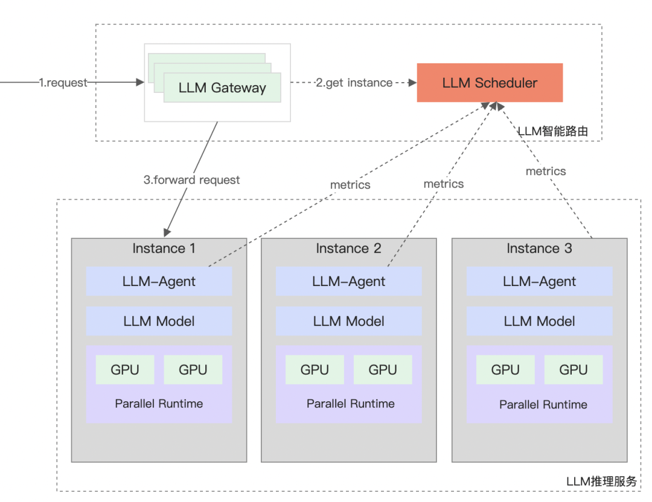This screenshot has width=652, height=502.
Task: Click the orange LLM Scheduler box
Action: (490, 83)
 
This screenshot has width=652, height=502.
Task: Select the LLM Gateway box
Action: (222, 87)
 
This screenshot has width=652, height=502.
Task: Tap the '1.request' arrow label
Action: (63, 83)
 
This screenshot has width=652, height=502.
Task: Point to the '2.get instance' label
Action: (354, 83)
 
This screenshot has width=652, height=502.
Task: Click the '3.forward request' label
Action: (191, 180)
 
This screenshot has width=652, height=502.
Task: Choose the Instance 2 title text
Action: (348, 249)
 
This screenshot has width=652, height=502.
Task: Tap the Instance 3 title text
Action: (539, 249)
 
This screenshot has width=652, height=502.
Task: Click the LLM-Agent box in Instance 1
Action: (159, 281)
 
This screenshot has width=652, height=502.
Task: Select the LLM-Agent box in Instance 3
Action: (539, 281)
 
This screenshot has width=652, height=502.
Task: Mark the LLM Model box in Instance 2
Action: (348, 321)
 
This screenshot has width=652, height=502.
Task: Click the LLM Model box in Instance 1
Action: (159, 321)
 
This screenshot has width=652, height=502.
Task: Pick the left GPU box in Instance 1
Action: (125, 370)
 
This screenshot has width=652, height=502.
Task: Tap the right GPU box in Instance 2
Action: (383, 370)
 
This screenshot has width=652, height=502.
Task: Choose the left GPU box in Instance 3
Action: (505, 370)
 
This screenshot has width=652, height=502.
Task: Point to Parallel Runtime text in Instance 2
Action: (350, 404)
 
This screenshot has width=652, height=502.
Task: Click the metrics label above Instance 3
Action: (546, 171)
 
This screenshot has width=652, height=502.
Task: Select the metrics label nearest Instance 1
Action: (350, 185)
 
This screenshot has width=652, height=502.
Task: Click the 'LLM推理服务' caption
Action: (601, 481)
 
